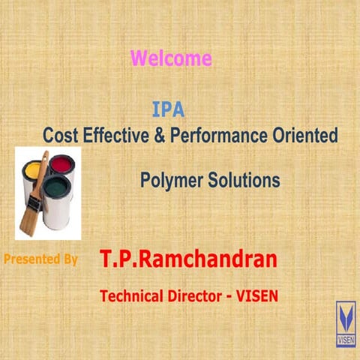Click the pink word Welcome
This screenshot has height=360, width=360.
pyautogui.click(x=171, y=58)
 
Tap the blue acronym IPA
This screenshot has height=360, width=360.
pyautogui.click(x=168, y=110)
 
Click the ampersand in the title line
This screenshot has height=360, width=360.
pyautogui.click(x=160, y=136)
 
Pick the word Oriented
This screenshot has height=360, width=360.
pyautogui.click(x=307, y=136)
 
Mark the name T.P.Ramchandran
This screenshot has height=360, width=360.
pyautogui.click(x=188, y=260)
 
